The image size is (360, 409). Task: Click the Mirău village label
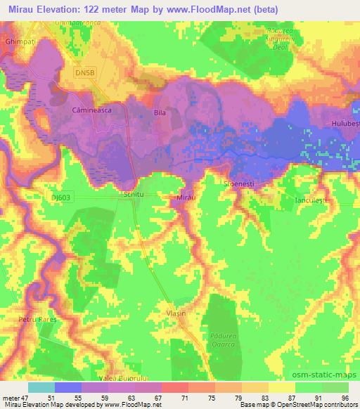click(x=184, y=200)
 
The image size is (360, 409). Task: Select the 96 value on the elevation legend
click(x=344, y=398)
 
